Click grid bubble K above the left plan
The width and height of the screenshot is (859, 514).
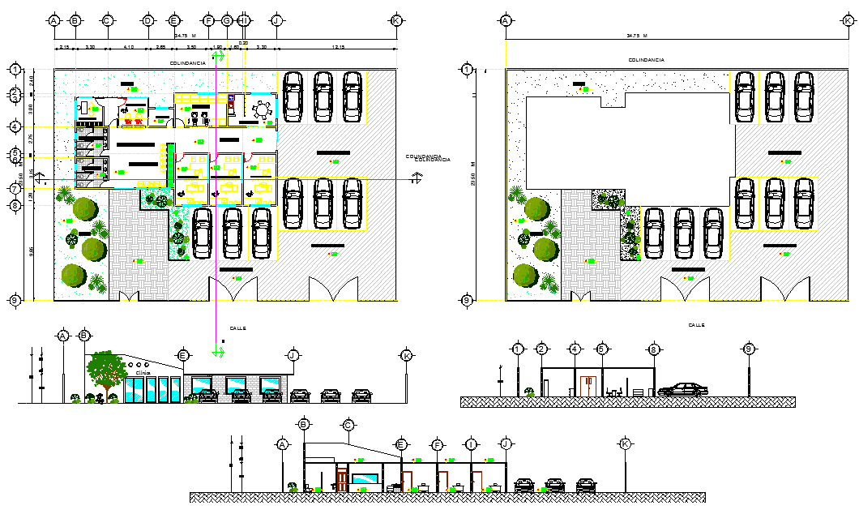pyautogui.click(x=396, y=20)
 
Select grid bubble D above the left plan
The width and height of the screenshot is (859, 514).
pyautogui.click(x=147, y=20)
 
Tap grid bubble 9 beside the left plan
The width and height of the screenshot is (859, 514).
pyautogui.click(x=15, y=301)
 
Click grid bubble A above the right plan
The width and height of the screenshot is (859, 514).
pyautogui.click(x=506, y=20)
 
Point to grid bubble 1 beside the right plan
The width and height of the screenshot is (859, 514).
pyautogui.click(x=467, y=70)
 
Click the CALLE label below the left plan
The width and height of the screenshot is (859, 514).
pyautogui.click(x=237, y=328)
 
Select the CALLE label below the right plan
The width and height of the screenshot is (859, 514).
pyautogui.click(x=696, y=325)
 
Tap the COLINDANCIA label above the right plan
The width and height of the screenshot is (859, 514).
pyautogui.click(x=646, y=60)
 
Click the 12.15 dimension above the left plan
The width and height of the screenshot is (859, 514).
pyautogui.click(x=339, y=49)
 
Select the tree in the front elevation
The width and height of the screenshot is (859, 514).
pyautogui.click(x=103, y=370)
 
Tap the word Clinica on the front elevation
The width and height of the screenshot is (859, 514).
pyautogui.click(x=143, y=374)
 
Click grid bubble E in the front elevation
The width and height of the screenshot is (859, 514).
pyautogui.click(x=183, y=355)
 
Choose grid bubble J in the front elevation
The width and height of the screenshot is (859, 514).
pyautogui.click(x=293, y=355)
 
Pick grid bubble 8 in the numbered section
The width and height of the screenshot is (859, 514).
pyautogui.click(x=654, y=349)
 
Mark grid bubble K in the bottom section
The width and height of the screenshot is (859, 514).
pyautogui.click(x=625, y=443)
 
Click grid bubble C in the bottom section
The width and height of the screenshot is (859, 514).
pyautogui.click(x=348, y=425)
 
